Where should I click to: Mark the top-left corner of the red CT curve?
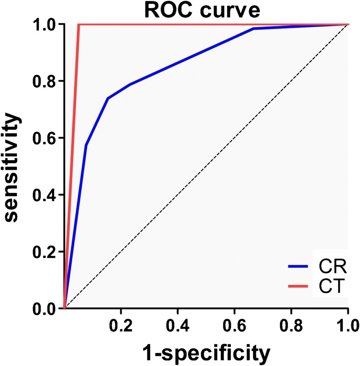[79, 24]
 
